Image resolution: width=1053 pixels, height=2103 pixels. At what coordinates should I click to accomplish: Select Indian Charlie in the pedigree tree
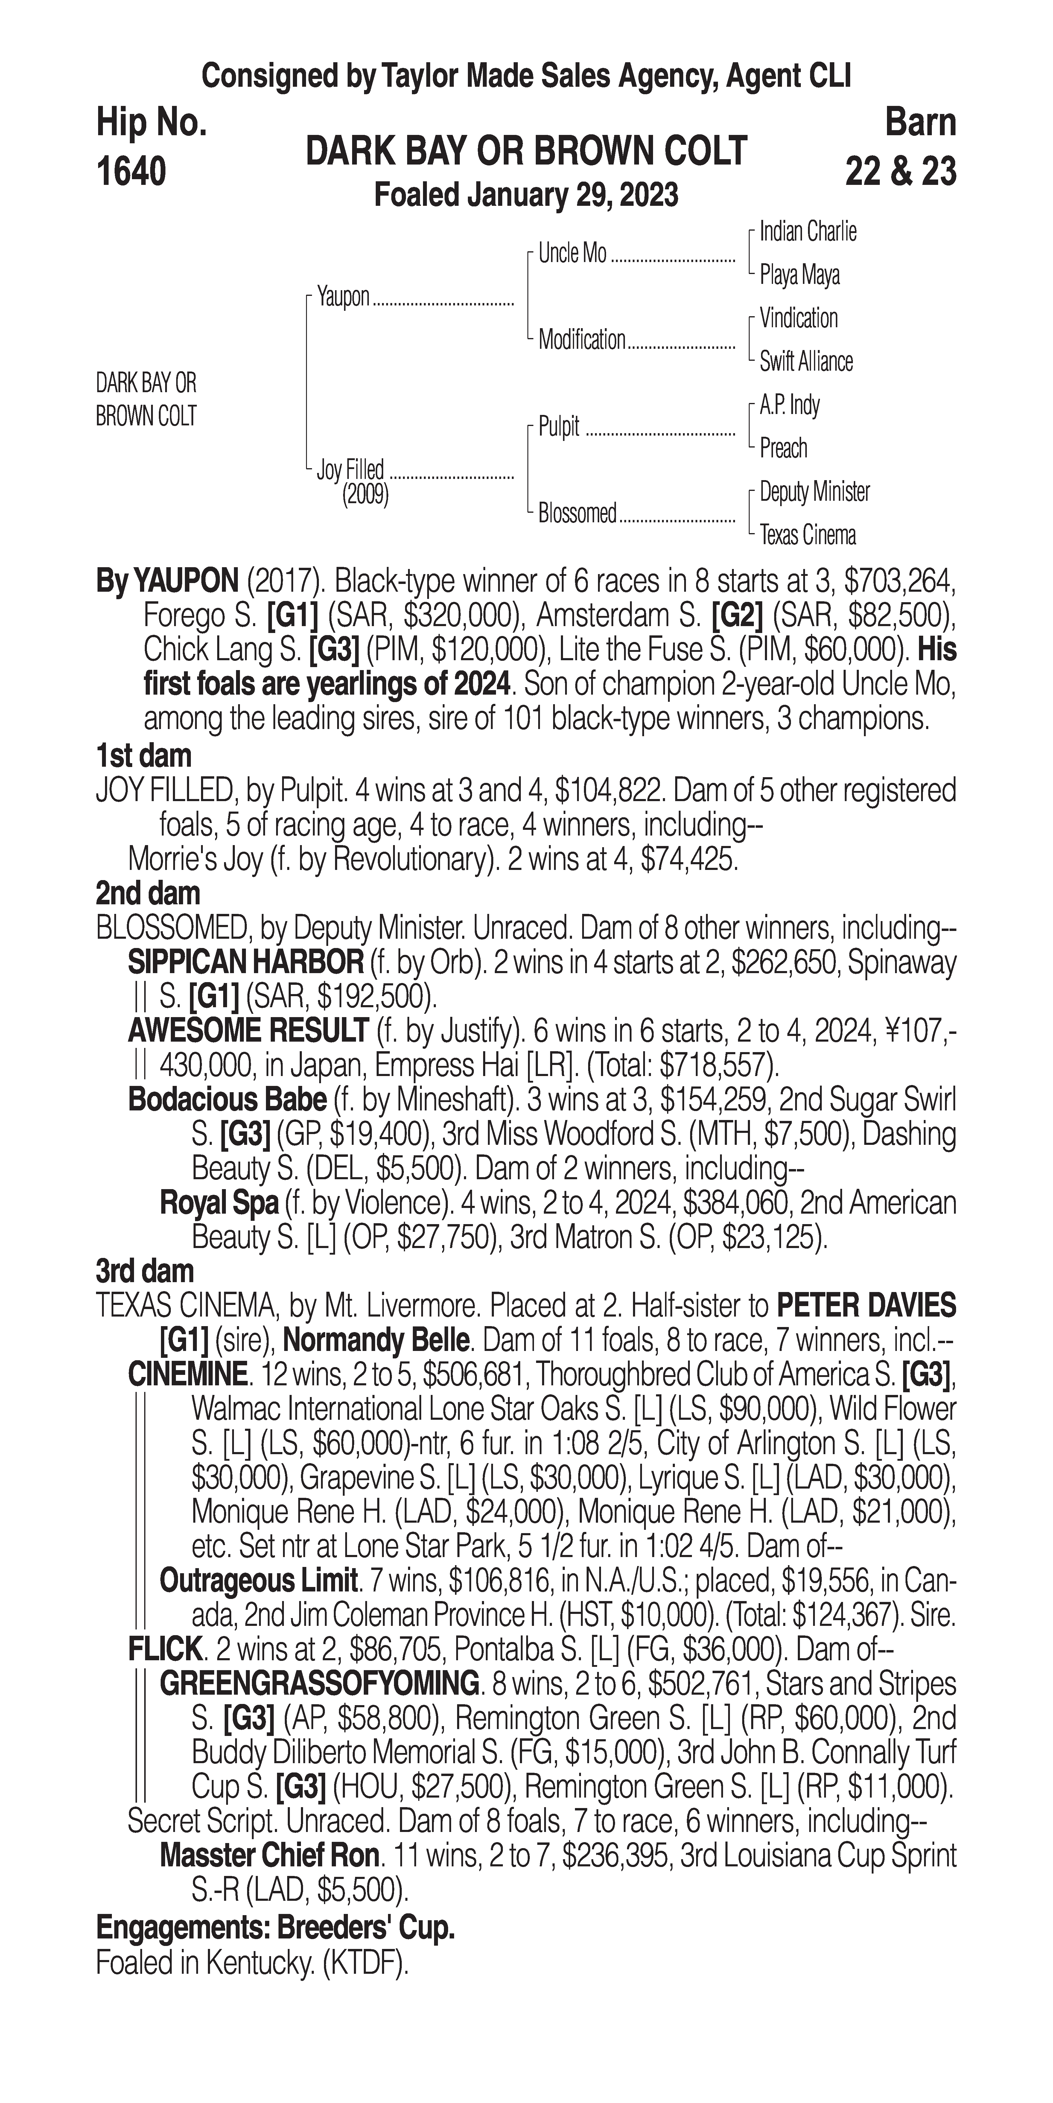point(807,232)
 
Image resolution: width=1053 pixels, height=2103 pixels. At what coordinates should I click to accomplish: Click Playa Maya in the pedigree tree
point(799,275)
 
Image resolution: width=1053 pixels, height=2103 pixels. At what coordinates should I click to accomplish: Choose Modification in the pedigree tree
point(581,340)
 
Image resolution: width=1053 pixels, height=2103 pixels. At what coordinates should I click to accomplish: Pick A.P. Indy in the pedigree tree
point(789,405)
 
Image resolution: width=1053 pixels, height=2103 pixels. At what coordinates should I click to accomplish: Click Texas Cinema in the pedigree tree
point(807,535)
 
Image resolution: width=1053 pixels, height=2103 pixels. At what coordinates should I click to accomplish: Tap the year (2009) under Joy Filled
point(365,495)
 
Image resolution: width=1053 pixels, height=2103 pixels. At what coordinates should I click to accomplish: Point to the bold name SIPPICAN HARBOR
point(245,963)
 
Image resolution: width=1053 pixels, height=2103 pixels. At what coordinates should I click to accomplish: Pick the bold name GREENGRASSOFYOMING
point(319,1683)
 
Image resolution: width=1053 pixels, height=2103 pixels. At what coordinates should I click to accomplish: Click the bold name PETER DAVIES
point(865,1305)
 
